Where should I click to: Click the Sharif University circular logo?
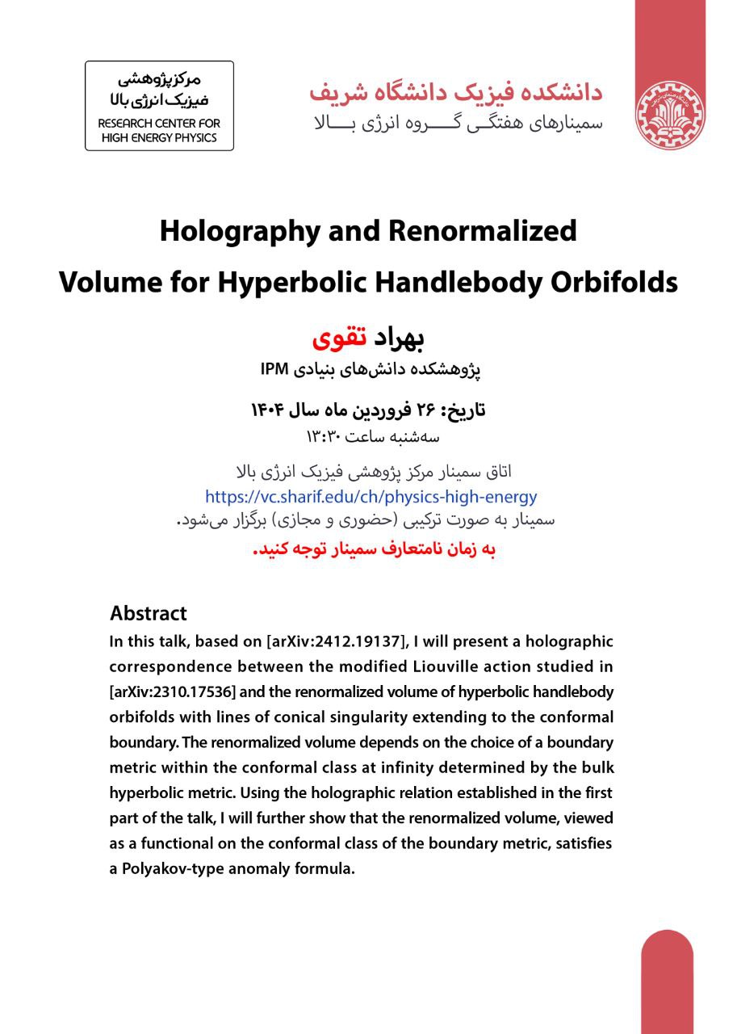pyautogui.click(x=670, y=115)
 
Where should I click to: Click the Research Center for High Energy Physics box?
pyautogui.click(x=159, y=106)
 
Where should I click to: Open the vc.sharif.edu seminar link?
pyautogui.click(x=371, y=497)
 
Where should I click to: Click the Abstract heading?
pyautogui.click(x=149, y=613)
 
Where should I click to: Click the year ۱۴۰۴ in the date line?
pyautogui.click(x=271, y=411)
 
